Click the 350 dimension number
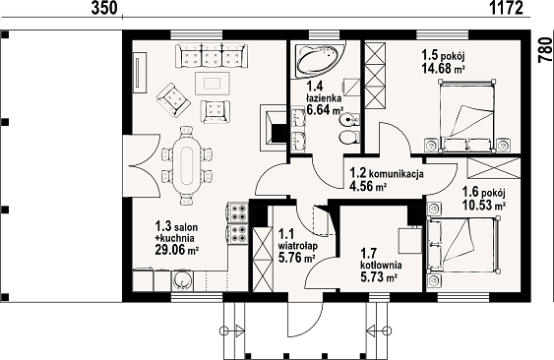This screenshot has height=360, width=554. [x=104, y=8]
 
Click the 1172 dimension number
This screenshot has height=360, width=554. [x=507, y=8]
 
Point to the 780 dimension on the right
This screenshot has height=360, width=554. [x=545, y=50]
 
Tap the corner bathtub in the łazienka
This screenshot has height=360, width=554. [x=319, y=60]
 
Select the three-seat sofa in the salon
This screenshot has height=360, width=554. [x=210, y=56]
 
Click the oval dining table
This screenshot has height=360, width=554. [x=187, y=165]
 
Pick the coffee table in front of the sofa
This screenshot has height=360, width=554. [x=213, y=84]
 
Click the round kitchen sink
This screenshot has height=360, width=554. [x=182, y=281]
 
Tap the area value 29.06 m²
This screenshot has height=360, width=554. [x=176, y=250]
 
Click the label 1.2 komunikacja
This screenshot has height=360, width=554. [x=387, y=173]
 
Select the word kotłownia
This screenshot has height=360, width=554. [x=381, y=265]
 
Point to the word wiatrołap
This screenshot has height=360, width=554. [x=298, y=246]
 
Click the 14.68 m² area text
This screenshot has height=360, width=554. [x=443, y=68]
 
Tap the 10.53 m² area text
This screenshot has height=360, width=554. [x=484, y=205]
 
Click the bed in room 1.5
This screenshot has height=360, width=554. [x=465, y=116]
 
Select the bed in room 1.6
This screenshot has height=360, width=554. [x=463, y=245]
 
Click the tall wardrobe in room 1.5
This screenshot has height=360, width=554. [x=375, y=76]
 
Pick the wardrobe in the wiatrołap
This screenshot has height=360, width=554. [x=263, y=260]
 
